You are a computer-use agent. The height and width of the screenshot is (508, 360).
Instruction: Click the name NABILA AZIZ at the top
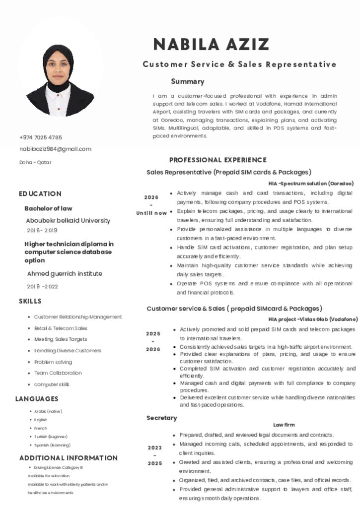211,45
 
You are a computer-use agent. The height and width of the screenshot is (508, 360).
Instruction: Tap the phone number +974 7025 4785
41,137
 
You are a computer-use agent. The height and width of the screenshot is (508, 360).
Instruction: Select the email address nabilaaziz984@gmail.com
55,149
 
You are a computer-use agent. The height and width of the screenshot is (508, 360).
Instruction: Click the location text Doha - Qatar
35,162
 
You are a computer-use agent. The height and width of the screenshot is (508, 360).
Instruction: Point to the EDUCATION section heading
40,193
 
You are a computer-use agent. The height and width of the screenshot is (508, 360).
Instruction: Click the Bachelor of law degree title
48,208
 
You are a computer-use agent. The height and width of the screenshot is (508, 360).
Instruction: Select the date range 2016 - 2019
42,230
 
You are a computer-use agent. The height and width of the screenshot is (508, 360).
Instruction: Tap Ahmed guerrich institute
65,273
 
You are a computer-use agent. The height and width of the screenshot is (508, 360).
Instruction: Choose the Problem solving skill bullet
53,362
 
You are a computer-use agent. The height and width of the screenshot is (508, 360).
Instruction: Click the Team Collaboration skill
58,373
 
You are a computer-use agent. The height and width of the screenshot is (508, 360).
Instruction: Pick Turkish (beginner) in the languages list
48,437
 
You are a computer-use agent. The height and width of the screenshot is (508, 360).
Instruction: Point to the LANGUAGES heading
37,399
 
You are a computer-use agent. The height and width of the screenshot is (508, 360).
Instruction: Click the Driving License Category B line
58,468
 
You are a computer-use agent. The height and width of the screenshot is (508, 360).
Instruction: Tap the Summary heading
187,81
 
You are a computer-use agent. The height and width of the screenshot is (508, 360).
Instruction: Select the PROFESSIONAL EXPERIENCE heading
217,160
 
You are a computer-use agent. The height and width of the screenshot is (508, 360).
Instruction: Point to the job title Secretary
161,418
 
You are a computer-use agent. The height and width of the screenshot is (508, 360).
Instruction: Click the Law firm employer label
284,425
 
